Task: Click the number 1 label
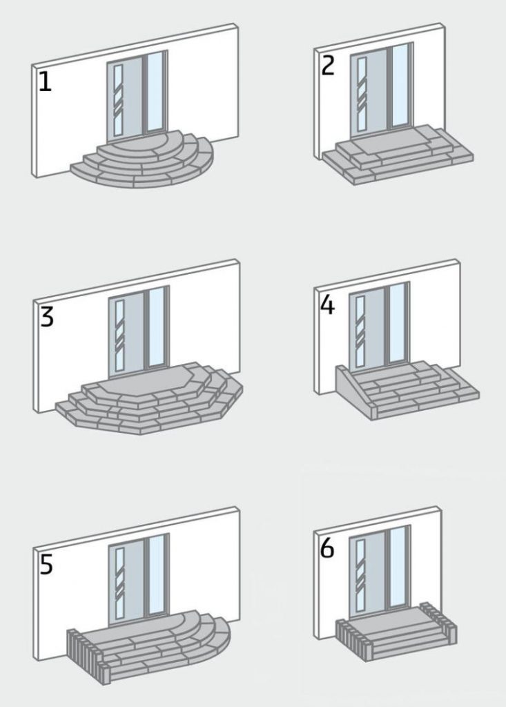(x=45, y=82)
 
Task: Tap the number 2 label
(x=328, y=65)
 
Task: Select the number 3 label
(x=46, y=317)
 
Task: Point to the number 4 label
(x=327, y=304)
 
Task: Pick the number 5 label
(x=46, y=564)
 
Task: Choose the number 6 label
(x=327, y=550)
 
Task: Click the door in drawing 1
(x=125, y=100)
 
